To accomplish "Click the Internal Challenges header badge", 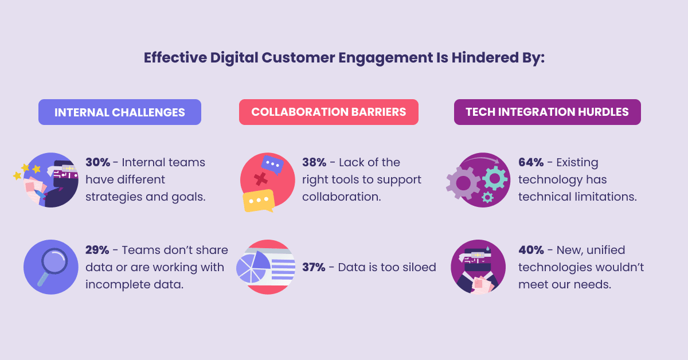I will [119, 112].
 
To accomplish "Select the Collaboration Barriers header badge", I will [329, 112].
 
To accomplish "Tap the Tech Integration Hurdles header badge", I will [547, 112].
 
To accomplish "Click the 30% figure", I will [97, 162].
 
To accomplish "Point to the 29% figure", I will [97, 250].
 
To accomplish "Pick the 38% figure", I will [314, 162].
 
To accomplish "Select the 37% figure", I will [314, 267].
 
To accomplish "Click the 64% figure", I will [530, 162].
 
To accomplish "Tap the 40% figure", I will [530, 250].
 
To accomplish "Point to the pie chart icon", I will [253, 267].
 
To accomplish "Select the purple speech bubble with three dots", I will [272, 165].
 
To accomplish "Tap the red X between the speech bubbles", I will [261, 179].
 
